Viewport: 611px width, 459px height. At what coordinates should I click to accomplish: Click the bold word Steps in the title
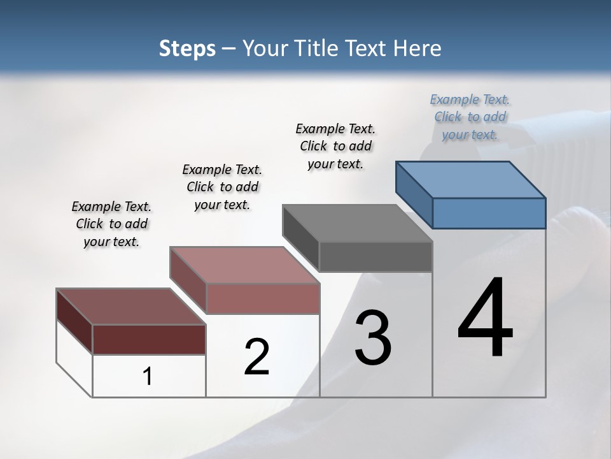(x=187, y=48)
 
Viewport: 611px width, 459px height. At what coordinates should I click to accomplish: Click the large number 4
(x=486, y=319)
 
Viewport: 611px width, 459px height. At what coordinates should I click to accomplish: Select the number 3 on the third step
(x=373, y=338)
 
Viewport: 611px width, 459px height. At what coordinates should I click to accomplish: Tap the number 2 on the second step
(x=256, y=357)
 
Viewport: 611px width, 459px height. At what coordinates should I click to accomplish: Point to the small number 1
(x=148, y=377)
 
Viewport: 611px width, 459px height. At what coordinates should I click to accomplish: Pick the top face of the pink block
(x=244, y=265)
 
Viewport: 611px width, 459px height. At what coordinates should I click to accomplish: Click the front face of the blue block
(x=489, y=213)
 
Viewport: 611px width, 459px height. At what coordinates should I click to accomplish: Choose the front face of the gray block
(x=376, y=257)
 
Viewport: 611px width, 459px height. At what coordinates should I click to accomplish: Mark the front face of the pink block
(x=263, y=298)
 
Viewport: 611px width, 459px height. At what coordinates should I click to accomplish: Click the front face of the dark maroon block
(x=149, y=339)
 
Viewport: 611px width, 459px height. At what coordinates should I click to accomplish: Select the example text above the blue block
(x=470, y=117)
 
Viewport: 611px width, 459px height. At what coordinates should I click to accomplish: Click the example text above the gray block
(x=335, y=146)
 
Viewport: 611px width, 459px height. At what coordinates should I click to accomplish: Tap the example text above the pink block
(x=222, y=187)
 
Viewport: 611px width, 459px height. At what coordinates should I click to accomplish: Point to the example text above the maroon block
(x=111, y=224)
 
